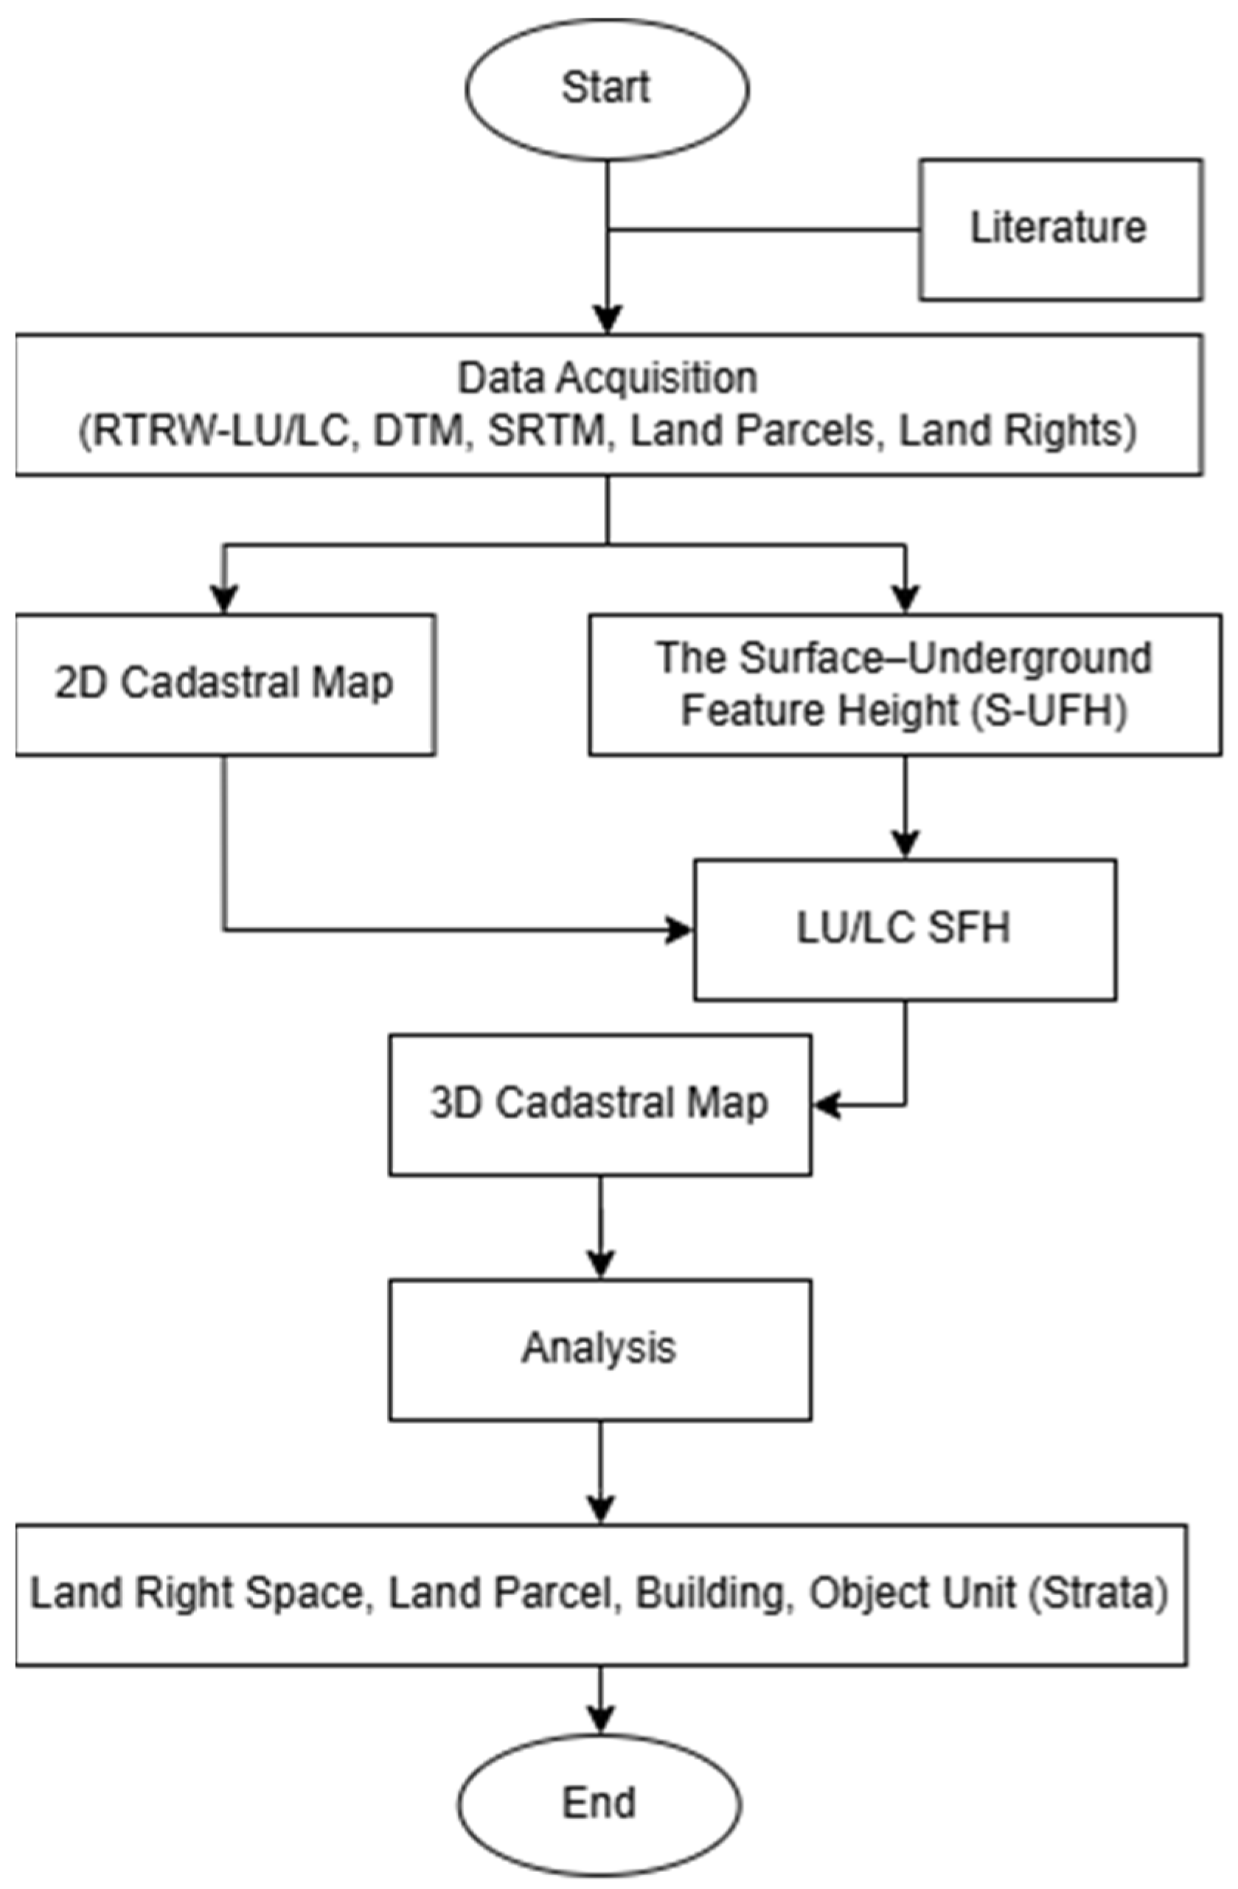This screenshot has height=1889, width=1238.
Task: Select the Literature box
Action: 1060,229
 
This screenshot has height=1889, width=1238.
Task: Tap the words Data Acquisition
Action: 608,379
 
